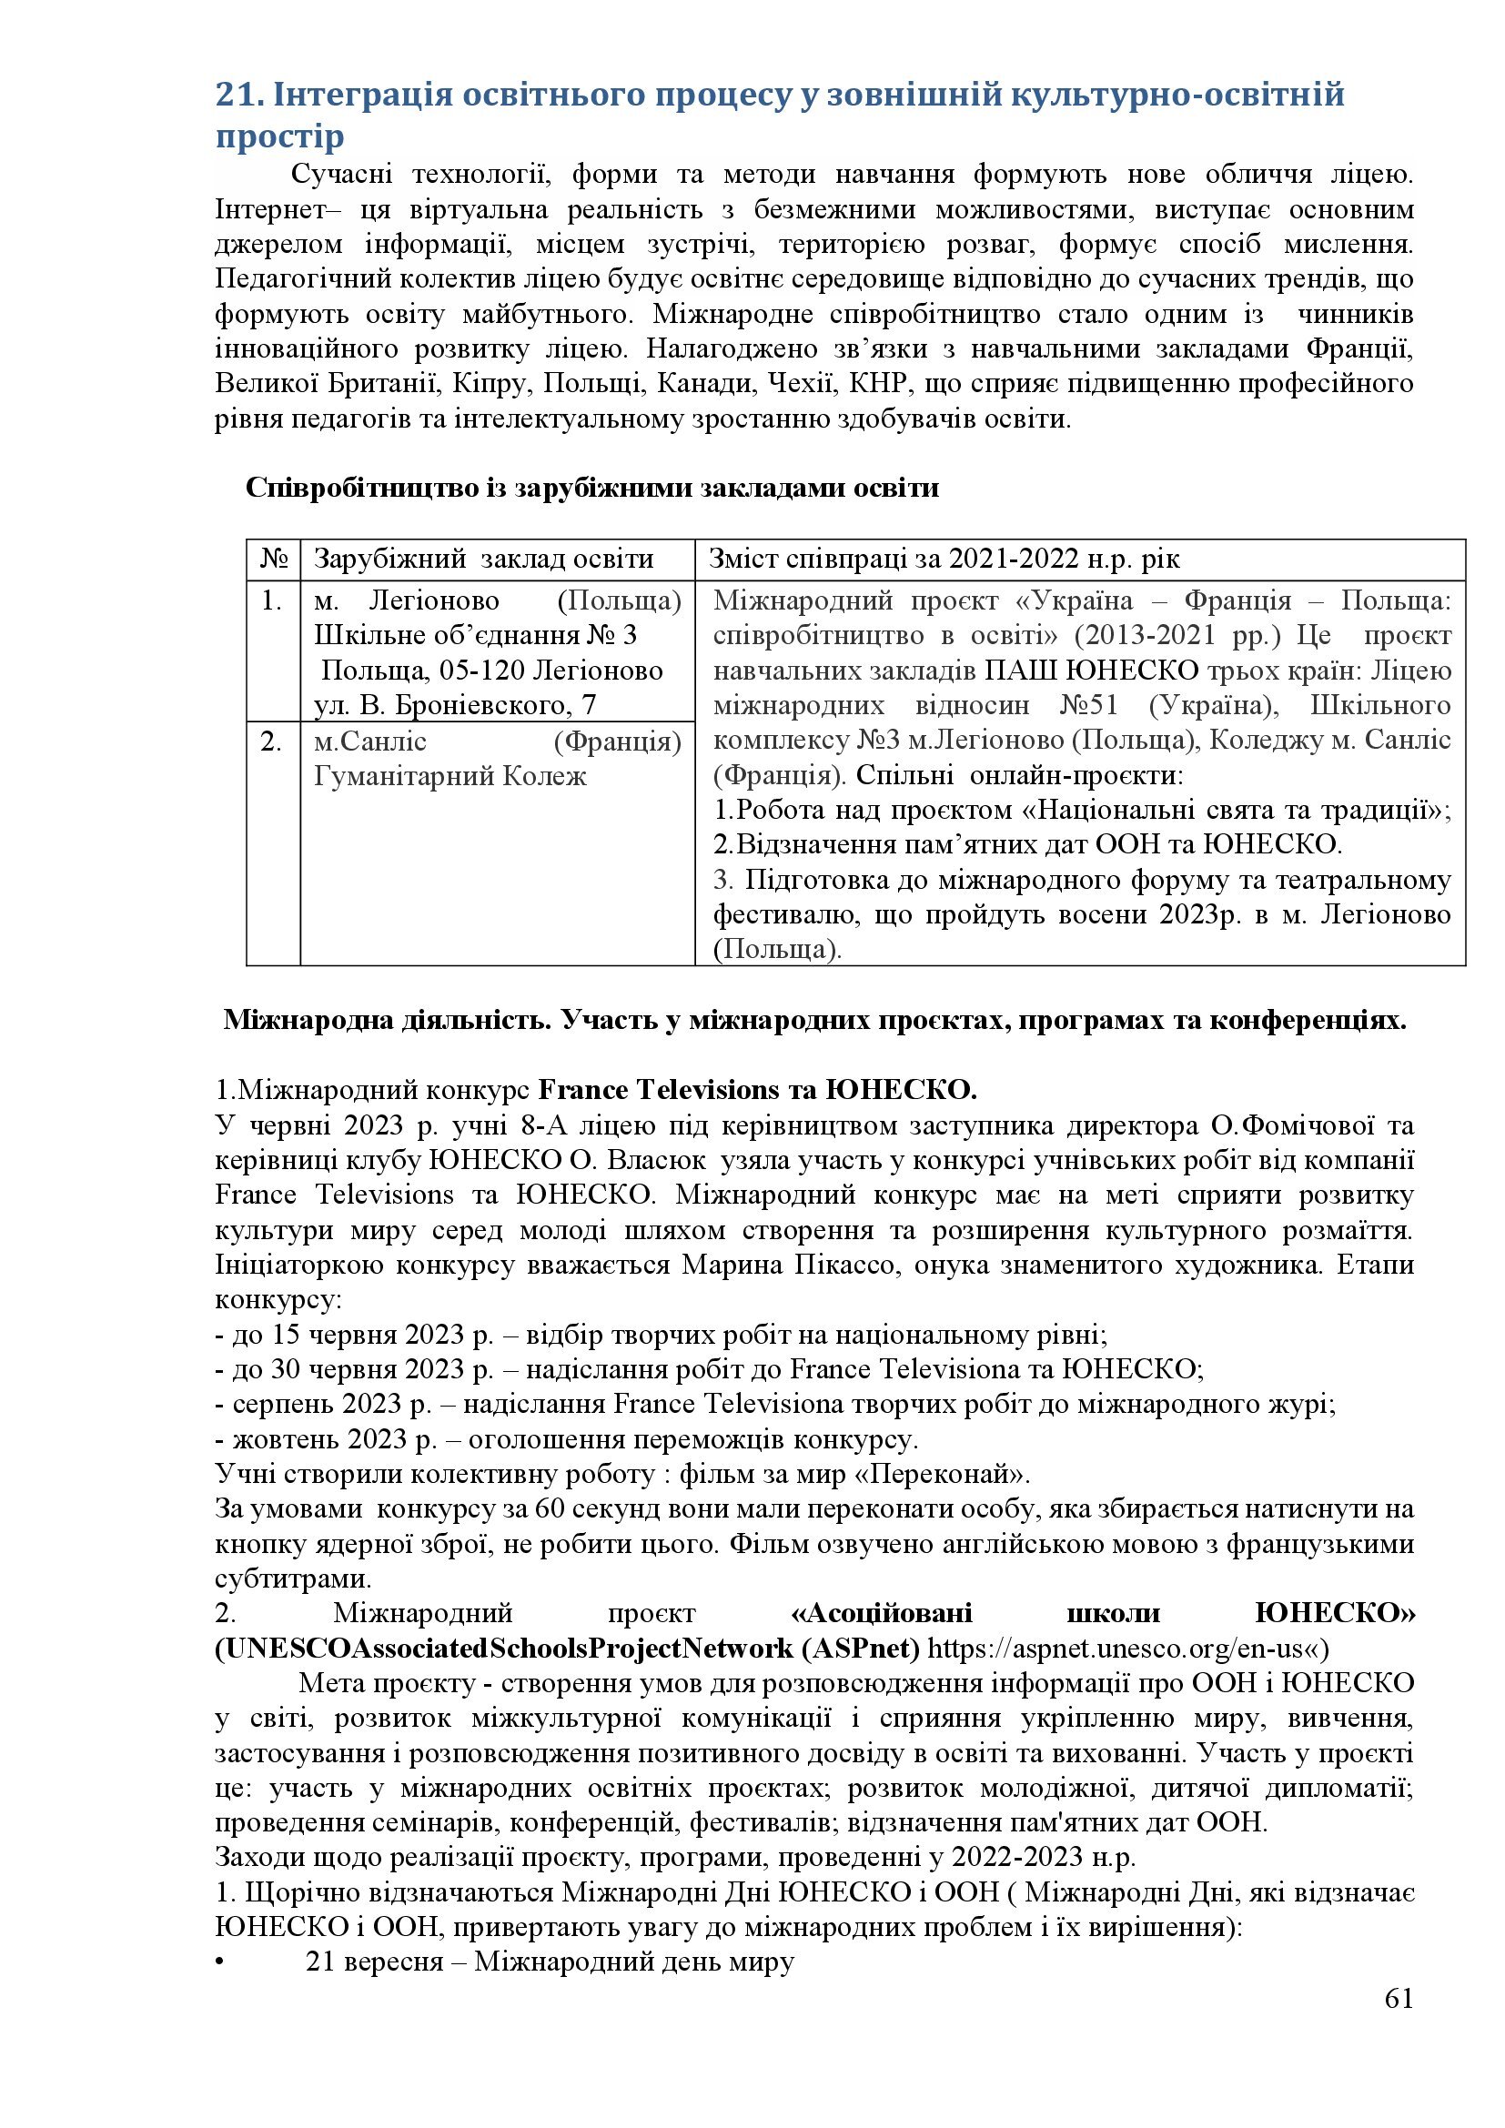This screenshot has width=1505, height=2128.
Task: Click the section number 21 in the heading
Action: click(234, 96)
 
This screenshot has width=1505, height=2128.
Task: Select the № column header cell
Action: click(273, 560)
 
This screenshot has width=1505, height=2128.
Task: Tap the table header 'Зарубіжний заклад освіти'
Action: click(484, 560)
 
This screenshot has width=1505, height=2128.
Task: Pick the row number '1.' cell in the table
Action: click(271, 601)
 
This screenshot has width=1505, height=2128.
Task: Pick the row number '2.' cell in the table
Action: click(271, 741)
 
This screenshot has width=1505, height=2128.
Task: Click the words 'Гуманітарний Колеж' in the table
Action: click(450, 776)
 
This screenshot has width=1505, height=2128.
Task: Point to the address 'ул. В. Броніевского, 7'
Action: click(456, 706)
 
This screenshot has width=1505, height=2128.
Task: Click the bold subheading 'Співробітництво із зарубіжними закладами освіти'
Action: click(592, 489)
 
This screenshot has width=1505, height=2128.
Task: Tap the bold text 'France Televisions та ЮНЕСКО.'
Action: click(757, 1089)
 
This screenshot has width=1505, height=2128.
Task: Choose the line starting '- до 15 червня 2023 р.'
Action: click(661, 1335)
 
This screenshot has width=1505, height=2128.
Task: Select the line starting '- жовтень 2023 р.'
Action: click(566, 1439)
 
